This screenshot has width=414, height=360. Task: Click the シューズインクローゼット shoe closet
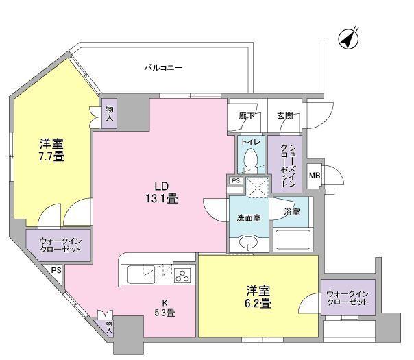[x=282, y=165]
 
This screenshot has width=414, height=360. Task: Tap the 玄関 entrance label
[x=284, y=116]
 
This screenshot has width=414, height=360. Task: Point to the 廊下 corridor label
[x=246, y=116]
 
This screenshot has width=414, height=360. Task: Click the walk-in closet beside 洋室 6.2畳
[x=348, y=298]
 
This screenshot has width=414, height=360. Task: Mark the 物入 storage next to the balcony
[x=110, y=113]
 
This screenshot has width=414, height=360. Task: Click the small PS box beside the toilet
[x=235, y=180]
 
